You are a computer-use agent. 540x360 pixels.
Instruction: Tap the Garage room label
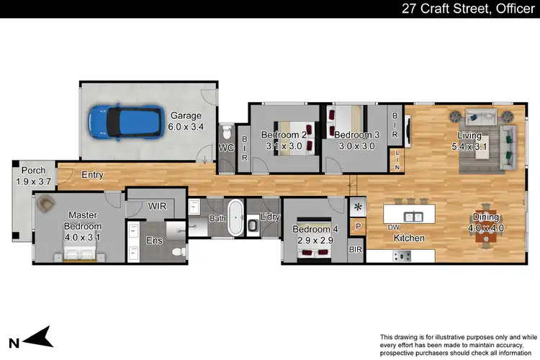(x=186, y=121)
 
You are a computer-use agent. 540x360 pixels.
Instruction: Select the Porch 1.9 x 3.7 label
(x=29, y=176)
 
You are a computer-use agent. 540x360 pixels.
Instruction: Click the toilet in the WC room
(x=228, y=133)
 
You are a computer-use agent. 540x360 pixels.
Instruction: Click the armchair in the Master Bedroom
(x=47, y=204)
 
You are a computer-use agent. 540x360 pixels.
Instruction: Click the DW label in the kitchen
(x=394, y=228)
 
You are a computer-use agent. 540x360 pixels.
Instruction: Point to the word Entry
(x=92, y=175)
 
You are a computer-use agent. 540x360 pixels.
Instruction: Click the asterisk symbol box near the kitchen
(x=358, y=207)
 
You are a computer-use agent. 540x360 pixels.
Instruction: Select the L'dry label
(x=270, y=217)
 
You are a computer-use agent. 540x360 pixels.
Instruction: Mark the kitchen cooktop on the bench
(x=405, y=255)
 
